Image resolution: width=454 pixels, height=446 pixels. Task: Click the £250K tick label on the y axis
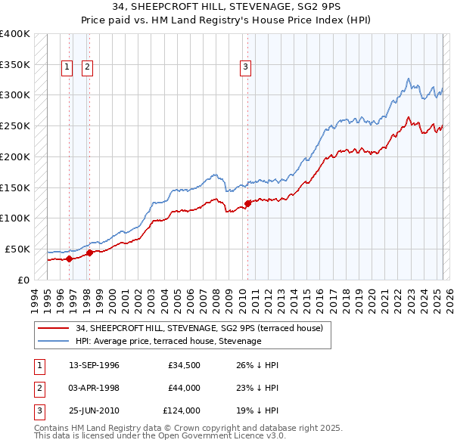[x=14, y=125]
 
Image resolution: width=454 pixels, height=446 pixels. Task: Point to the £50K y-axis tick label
[x=17, y=249]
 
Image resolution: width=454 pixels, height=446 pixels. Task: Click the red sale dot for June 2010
[x=247, y=203]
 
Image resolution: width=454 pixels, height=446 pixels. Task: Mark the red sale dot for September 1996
[x=69, y=259]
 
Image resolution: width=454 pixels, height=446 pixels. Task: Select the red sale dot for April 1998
[x=89, y=252]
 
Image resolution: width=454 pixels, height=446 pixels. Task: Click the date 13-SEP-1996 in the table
[x=94, y=365]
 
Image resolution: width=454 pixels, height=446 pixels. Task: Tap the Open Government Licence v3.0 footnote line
[x=160, y=435]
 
